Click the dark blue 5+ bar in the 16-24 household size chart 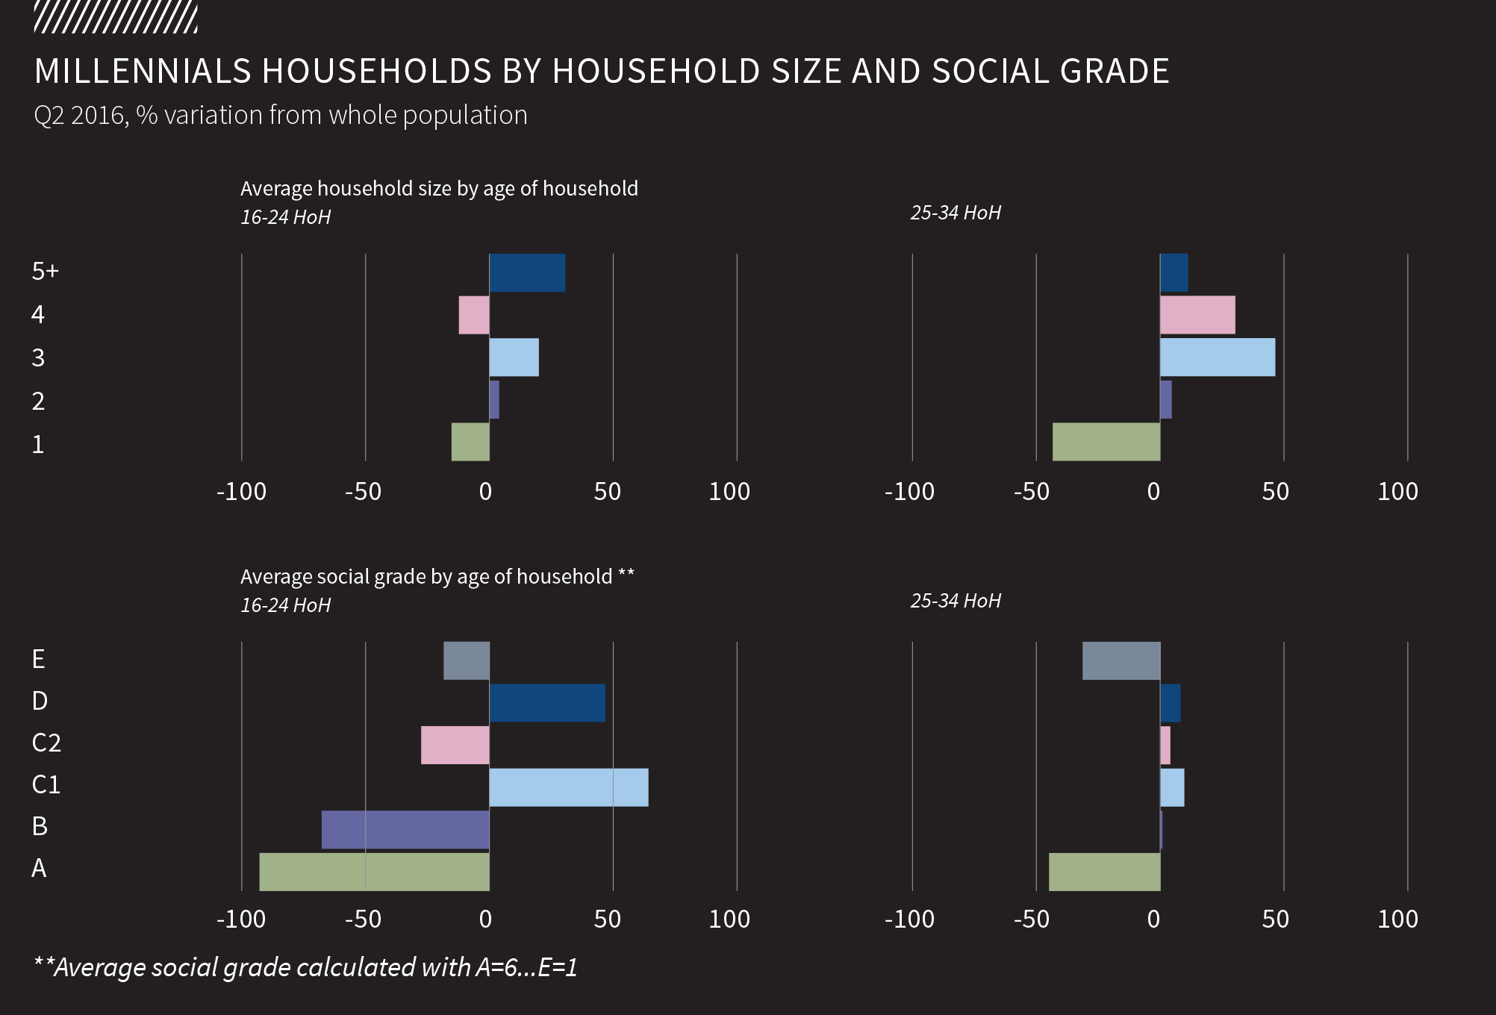point(527,273)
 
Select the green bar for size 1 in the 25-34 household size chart point(1106,442)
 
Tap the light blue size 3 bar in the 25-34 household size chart point(1218,357)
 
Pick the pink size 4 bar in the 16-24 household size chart point(474,315)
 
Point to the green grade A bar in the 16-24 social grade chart point(374,872)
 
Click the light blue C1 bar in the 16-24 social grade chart point(569,787)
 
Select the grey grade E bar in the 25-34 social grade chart point(1121,660)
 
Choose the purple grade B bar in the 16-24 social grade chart point(405,829)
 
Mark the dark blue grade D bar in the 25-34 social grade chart point(1171,703)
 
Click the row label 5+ point(45,271)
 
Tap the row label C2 point(46,743)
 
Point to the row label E point(39,659)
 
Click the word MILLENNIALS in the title point(143,72)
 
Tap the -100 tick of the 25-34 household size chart point(909,492)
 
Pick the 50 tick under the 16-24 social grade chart point(608,919)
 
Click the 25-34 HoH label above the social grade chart point(956,601)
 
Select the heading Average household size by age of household point(439,188)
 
